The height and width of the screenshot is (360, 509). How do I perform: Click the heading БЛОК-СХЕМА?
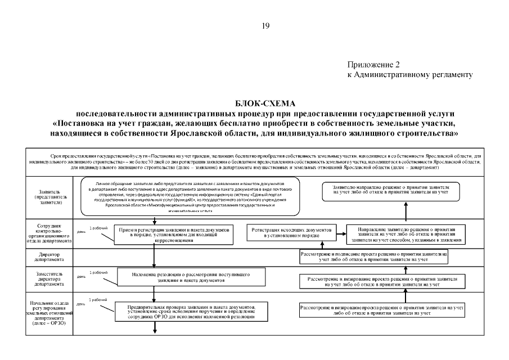point(266,103)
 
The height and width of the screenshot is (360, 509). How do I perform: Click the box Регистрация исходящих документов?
point(292,233)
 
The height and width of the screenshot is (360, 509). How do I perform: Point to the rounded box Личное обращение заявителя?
point(190,197)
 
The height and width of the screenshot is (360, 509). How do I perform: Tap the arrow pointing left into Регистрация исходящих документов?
point(340,232)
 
